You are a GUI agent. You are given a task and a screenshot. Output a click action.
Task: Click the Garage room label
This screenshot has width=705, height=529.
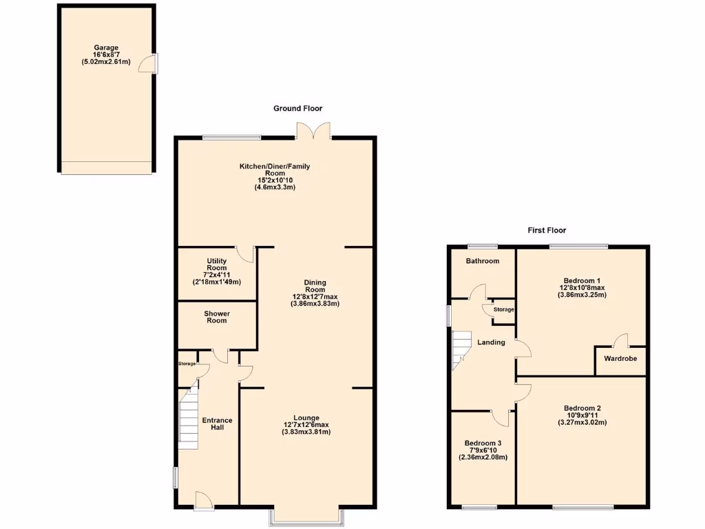coord(105,48)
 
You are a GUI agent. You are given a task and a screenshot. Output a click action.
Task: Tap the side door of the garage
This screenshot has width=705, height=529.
coord(147,64)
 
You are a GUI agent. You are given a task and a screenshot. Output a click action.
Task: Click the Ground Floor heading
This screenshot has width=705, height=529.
coord(297,108)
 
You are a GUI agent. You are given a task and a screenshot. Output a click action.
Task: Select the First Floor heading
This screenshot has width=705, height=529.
coord(547,230)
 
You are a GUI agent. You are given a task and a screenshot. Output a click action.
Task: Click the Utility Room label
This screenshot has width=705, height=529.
coord(217,264)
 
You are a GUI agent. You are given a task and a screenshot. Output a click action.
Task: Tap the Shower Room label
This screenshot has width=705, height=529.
coord(217,317)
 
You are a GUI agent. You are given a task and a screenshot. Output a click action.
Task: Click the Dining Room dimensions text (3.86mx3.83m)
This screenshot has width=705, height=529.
coord(315,303)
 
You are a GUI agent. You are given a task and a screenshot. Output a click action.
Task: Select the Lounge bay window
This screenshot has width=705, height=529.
coord(306,517)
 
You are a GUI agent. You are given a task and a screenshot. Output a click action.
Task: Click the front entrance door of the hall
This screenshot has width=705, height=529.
coord(203,501)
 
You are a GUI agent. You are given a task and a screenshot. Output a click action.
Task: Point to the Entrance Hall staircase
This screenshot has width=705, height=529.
coord(189,419)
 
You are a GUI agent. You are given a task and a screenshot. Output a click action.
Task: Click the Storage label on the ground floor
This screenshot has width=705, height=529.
coord(187,364)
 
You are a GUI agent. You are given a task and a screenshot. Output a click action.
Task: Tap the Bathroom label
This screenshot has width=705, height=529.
coord(482,261)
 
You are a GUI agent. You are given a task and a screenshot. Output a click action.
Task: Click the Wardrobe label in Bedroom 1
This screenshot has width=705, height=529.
coord(620,359)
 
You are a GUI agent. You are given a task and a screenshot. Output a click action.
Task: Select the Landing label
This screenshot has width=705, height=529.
coord(491,342)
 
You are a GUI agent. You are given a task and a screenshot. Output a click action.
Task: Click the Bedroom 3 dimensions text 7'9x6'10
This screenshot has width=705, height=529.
coord(483,450)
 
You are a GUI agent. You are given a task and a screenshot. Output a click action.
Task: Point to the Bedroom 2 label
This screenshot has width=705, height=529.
coord(582,408)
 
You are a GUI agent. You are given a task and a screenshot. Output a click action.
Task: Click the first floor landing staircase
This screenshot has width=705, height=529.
coord(460,349)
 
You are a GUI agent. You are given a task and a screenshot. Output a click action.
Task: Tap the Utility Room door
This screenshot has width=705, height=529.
coord(245,254)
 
